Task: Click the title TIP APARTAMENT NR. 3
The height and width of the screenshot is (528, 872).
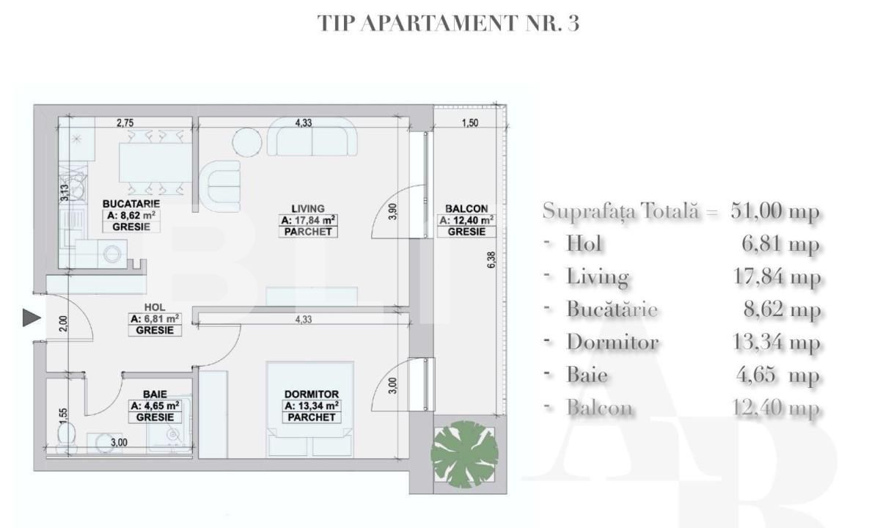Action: click(x=448, y=23)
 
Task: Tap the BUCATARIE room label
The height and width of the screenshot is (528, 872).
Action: click(x=131, y=203)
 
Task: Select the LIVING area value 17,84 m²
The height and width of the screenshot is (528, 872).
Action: click(x=307, y=220)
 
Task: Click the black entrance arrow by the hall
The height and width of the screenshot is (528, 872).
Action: click(x=30, y=318)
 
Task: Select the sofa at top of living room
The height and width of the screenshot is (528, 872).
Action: click(x=312, y=140)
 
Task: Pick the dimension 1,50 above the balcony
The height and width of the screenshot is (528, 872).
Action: click(x=469, y=123)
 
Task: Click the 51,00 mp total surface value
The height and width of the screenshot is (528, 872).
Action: click(x=775, y=211)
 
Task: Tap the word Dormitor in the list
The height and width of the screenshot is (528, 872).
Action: click(x=612, y=342)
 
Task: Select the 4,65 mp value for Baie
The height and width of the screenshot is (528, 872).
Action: click(x=778, y=375)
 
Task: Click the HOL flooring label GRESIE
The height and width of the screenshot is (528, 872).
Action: click(x=154, y=331)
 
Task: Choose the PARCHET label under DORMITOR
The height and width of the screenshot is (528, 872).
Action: click(x=310, y=417)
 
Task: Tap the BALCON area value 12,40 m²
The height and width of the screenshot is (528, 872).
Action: click(x=465, y=220)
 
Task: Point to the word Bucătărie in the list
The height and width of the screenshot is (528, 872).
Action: click(x=612, y=309)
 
